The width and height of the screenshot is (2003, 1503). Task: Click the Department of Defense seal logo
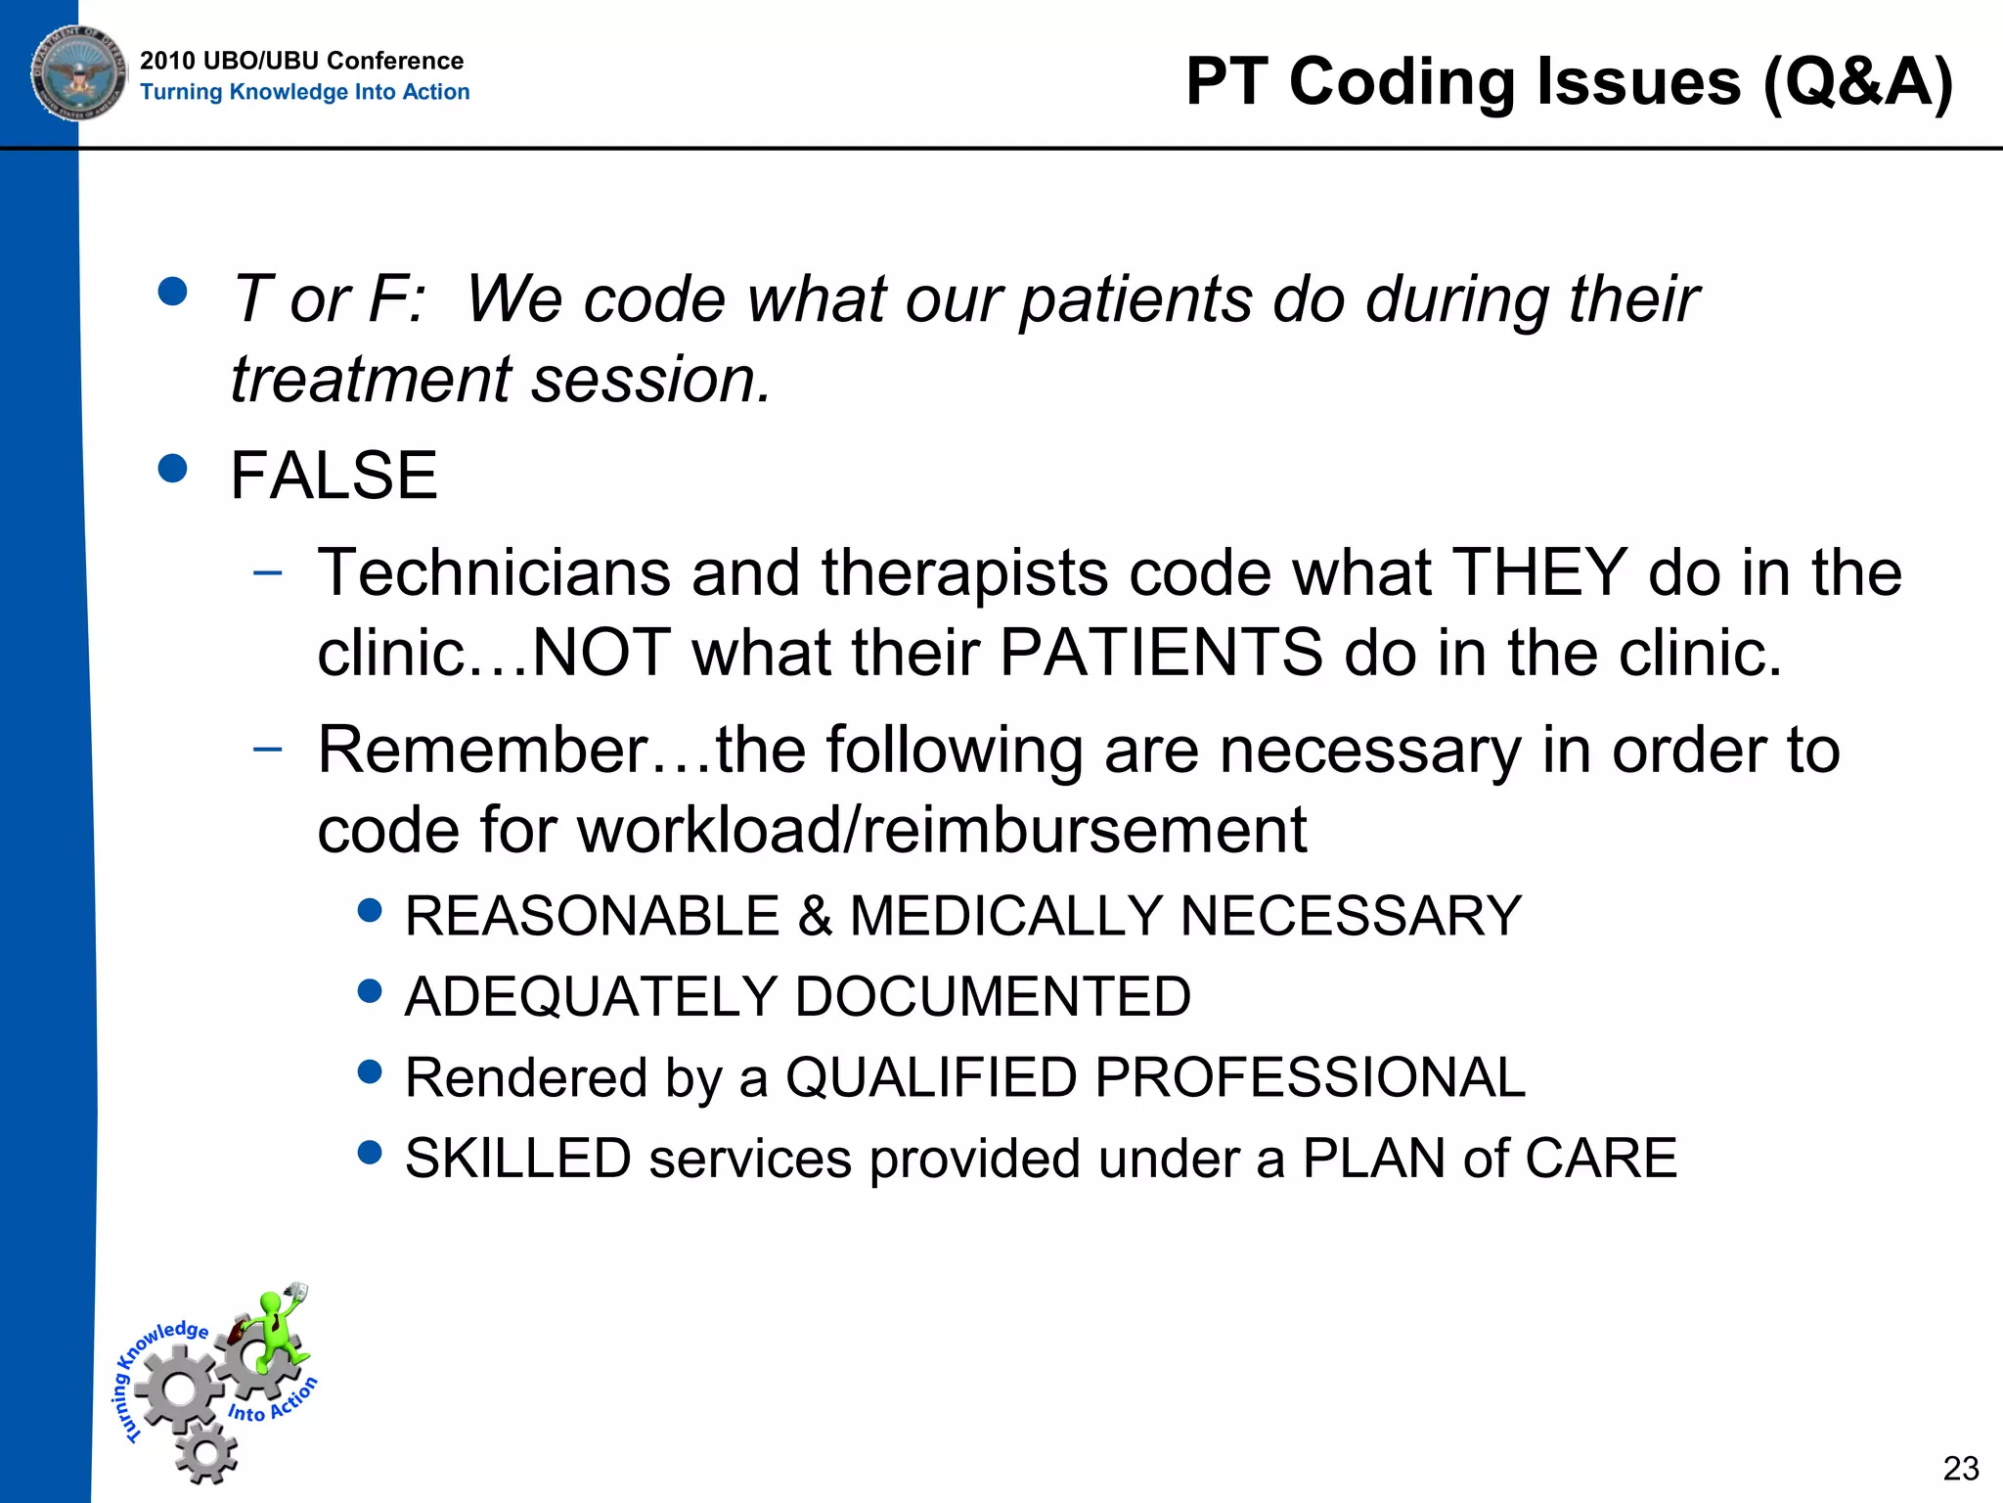pyautogui.click(x=78, y=73)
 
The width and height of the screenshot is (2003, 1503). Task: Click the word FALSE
pyautogui.click(x=334, y=476)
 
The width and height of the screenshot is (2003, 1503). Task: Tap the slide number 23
pyautogui.click(x=1961, y=1469)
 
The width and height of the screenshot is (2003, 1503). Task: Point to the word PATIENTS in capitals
pyautogui.click(x=1161, y=653)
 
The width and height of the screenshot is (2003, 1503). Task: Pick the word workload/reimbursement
pyautogui.click(x=942, y=831)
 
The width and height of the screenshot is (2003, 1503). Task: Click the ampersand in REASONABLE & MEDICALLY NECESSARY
pyautogui.click(x=815, y=917)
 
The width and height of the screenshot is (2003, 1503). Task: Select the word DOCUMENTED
pyautogui.click(x=993, y=997)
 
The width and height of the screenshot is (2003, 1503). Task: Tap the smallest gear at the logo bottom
pyautogui.click(x=206, y=1453)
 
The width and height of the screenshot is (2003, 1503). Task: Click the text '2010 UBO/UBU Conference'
pyautogui.click(x=301, y=61)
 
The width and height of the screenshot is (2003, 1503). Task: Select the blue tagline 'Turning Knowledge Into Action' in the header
pyautogui.click(x=304, y=92)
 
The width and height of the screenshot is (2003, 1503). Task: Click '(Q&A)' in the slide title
pyautogui.click(x=1857, y=81)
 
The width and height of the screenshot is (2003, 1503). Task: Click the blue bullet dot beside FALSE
pyautogui.click(x=172, y=469)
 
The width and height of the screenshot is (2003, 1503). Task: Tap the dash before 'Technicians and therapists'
pyautogui.click(x=267, y=572)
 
